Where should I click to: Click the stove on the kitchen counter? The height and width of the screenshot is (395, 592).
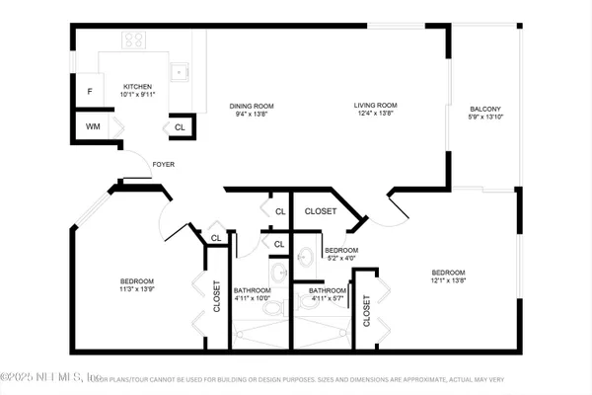(x=135, y=40)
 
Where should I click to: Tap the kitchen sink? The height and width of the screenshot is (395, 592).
(x=181, y=70)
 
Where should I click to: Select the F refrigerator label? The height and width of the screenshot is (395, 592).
(x=90, y=92)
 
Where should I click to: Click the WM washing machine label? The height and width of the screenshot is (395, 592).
(x=92, y=126)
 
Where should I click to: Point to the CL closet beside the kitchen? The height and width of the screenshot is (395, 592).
(x=180, y=127)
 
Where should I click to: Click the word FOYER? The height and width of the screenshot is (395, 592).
(x=163, y=165)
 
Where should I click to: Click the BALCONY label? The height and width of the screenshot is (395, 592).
(x=484, y=110)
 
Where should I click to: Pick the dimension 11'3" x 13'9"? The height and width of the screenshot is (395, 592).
(x=136, y=290)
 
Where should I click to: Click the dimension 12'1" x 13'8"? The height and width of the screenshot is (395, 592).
(x=447, y=281)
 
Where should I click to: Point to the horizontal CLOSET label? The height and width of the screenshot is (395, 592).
(x=320, y=211)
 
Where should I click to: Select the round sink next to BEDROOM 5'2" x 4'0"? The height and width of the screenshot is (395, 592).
(x=305, y=257)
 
